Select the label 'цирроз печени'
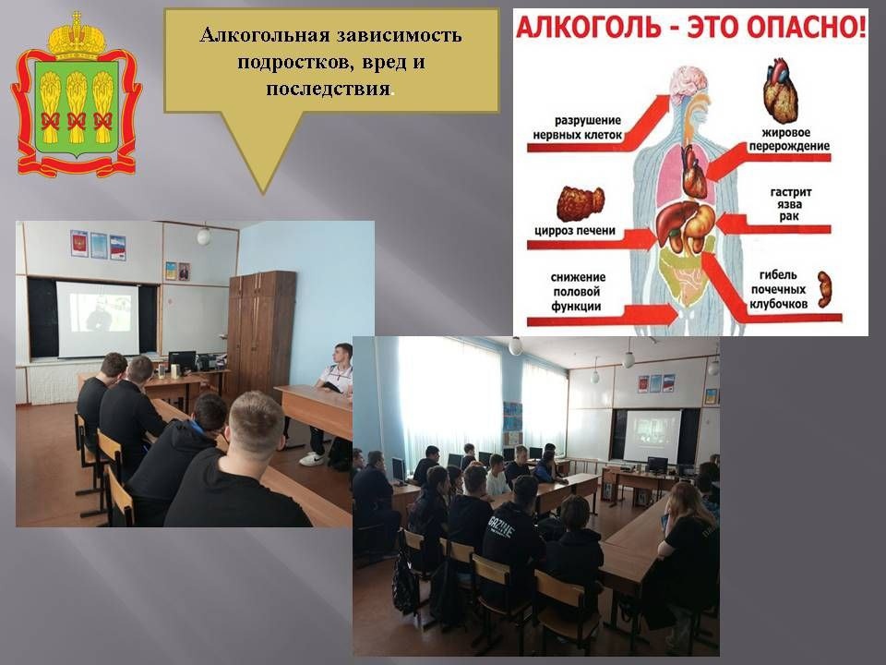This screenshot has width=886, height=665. click(x=575, y=231)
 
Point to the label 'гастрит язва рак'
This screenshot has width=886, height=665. click(x=791, y=204)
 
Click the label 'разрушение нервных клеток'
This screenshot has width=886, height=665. click(x=578, y=127)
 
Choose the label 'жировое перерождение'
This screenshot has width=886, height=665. click(x=789, y=139)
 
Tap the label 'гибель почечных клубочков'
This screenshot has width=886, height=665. click(x=778, y=289)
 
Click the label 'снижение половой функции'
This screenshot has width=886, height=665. click(x=578, y=292)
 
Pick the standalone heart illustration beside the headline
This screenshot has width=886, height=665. click(x=781, y=91)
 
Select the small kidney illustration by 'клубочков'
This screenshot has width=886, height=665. click(x=824, y=289)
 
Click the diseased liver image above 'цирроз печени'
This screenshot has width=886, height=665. click(x=581, y=203)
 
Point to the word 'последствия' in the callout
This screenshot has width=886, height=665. click(x=329, y=89)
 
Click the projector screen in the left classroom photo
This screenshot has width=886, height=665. click(x=97, y=319)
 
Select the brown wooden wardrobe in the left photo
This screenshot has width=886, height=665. click(x=261, y=334)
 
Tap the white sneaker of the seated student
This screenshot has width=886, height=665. click(x=312, y=459)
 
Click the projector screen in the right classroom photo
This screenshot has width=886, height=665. click(x=652, y=435)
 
